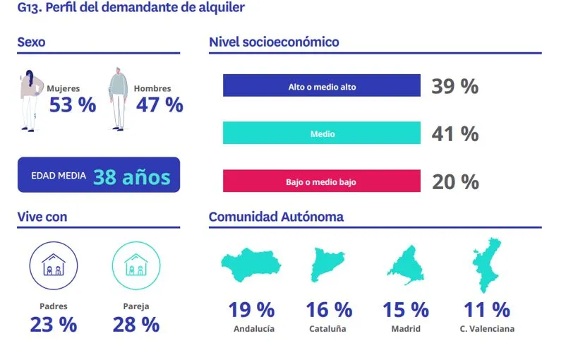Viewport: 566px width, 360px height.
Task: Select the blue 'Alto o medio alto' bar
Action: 322,86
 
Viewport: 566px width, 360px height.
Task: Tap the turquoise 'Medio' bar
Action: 322,133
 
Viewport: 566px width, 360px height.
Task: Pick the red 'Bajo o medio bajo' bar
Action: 322,181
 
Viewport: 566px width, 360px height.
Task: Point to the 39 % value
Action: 455,86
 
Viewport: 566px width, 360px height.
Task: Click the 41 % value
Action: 455,133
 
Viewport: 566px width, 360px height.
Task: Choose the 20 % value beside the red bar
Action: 455,181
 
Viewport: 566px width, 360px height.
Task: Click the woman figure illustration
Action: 30,100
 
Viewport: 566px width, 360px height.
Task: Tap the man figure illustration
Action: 117,99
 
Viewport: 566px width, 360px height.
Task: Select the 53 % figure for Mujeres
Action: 72,105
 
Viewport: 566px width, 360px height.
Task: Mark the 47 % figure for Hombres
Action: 159,105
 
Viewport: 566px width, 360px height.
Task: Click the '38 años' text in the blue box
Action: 131,176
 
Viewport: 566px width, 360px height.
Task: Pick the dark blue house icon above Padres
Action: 53,266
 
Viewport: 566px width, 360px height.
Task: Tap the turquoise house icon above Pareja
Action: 136,266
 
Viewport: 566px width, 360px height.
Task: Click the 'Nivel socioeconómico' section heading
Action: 274,42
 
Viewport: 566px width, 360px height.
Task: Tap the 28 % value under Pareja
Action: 136,325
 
